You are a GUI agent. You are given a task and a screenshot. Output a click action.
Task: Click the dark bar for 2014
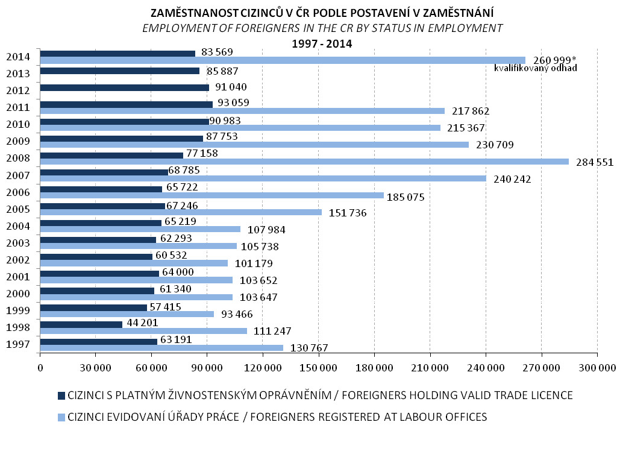(x=117, y=54)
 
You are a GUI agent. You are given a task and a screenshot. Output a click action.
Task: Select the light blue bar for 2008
(x=304, y=162)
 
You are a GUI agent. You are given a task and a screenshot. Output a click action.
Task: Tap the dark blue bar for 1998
(x=81, y=324)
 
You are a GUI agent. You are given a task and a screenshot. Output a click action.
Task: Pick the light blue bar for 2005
(x=181, y=213)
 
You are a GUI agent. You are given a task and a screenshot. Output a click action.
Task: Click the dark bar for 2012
(x=125, y=88)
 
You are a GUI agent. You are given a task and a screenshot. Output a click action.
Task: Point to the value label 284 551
(x=595, y=162)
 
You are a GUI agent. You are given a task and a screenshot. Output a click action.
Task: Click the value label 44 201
(x=142, y=323)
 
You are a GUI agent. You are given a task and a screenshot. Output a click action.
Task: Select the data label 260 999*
(x=555, y=60)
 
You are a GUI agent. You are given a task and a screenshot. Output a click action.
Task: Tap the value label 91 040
(x=231, y=87)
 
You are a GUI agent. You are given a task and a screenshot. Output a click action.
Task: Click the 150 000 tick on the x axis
(x=318, y=368)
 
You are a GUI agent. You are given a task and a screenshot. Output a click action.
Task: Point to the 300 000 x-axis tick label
(x=597, y=368)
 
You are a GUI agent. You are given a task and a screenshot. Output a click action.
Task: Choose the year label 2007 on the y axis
(x=18, y=175)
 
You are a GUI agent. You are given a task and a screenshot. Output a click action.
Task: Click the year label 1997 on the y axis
(x=18, y=344)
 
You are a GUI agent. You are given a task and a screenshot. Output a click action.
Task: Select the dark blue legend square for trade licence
(x=61, y=395)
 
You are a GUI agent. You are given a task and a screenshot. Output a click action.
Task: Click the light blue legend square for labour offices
(x=61, y=417)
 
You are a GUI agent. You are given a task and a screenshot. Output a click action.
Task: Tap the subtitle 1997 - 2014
(x=322, y=43)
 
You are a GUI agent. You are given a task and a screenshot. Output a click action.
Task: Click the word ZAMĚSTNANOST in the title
(x=195, y=13)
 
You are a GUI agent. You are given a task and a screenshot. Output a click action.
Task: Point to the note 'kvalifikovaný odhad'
(x=536, y=68)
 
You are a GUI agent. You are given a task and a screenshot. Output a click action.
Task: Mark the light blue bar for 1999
(x=127, y=314)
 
